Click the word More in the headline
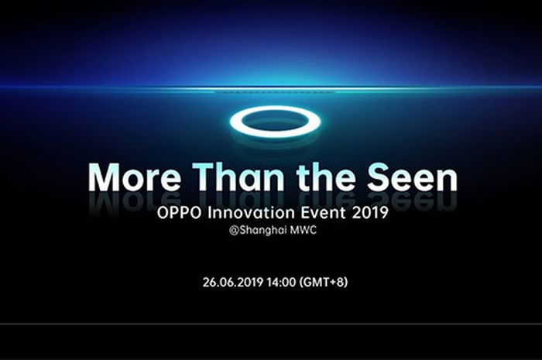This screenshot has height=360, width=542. (x=134, y=177)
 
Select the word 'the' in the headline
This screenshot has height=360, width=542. (x=326, y=177)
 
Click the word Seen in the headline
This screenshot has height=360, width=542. (x=413, y=177)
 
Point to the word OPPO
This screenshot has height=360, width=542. (x=179, y=212)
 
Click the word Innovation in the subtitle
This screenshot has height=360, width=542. (x=251, y=212)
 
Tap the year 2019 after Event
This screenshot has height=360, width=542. (x=370, y=212)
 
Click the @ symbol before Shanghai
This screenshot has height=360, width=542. (x=234, y=231)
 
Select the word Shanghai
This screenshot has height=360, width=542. (x=263, y=231)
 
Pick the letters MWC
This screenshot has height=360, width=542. (x=304, y=230)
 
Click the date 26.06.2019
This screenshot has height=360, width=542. (x=233, y=282)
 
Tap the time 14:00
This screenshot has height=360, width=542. (x=281, y=282)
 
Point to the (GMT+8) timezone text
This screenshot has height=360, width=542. (x=323, y=283)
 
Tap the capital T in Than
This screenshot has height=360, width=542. (x=205, y=177)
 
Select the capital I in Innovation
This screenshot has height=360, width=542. (x=210, y=212)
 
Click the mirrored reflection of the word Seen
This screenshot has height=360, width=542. (x=413, y=201)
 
